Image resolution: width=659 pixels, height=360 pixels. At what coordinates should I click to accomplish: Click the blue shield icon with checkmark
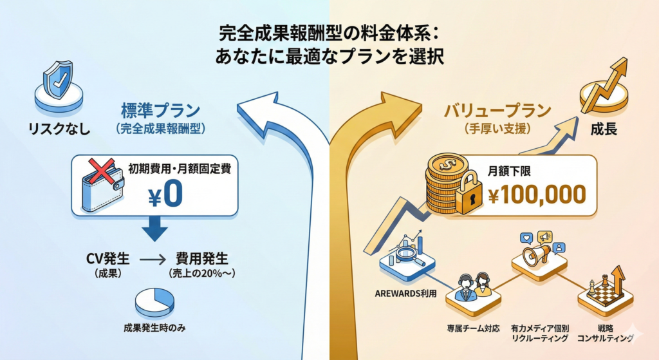click(57, 83)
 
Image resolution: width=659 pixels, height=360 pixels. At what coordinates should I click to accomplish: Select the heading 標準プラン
click(160, 110)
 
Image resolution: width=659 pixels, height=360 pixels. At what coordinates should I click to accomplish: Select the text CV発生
click(107, 260)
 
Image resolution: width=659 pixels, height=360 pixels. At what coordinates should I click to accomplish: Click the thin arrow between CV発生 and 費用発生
click(153, 261)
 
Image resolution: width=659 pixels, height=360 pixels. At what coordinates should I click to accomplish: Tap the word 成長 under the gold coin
click(603, 128)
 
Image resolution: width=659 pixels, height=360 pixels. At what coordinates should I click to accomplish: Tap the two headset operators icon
click(473, 287)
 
